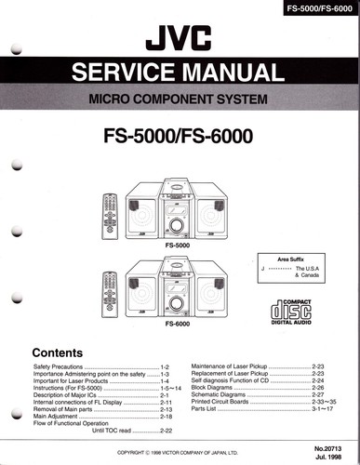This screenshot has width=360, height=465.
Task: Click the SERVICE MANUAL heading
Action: (x=180, y=73)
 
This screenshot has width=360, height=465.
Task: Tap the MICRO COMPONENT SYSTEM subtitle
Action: (x=180, y=100)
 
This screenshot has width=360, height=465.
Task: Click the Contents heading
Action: (x=61, y=353)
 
